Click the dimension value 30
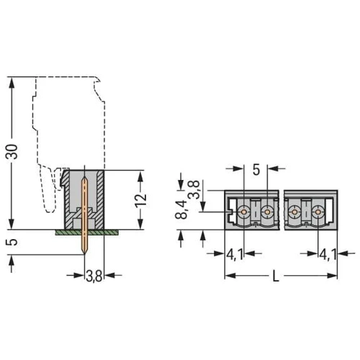[12, 152]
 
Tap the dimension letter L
[276, 276]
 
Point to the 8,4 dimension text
[181, 209]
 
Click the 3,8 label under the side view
[94, 276]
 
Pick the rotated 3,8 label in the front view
[194, 189]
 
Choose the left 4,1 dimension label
[235, 254]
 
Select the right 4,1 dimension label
[328, 254]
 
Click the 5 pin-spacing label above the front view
[256, 170]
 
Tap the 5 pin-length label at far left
[12, 242]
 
